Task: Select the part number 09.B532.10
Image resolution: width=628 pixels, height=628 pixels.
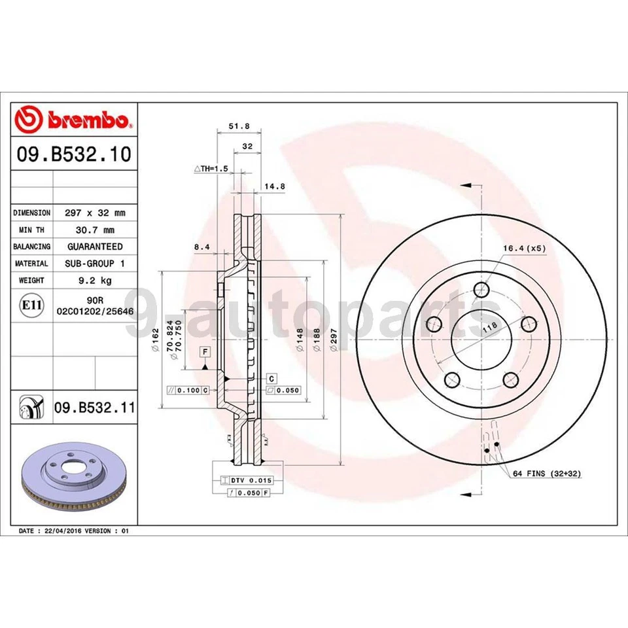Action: point(73,154)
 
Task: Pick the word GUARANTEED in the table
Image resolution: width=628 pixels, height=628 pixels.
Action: point(94,247)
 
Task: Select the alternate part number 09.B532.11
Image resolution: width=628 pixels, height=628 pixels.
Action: point(94,408)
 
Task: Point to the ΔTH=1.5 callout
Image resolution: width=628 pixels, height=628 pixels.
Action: point(210,168)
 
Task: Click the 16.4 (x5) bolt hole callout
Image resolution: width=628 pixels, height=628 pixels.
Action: point(524,248)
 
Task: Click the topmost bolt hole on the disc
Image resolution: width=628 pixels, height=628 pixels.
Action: point(482,290)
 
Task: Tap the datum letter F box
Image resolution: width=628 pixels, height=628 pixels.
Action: point(205,353)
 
